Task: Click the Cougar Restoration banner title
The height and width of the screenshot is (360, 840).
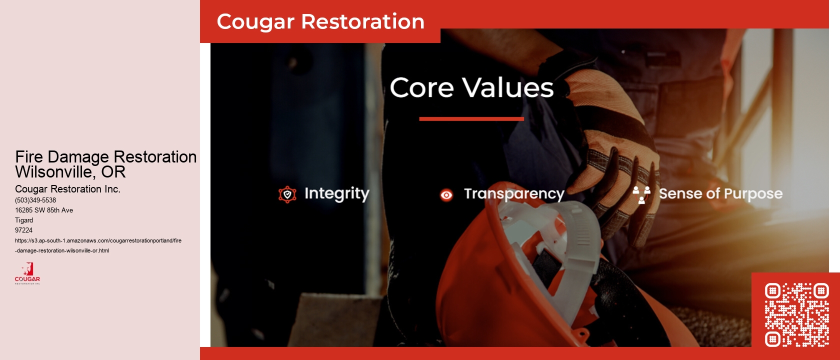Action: pyautogui.click(x=320, y=21)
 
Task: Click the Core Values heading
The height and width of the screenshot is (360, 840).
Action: pyautogui.click(x=471, y=87)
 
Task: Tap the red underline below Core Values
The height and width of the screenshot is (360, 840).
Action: pyautogui.click(x=471, y=119)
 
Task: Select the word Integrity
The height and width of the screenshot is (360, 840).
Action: pyautogui.click(x=336, y=193)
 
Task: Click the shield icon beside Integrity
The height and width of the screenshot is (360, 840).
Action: pyautogui.click(x=287, y=194)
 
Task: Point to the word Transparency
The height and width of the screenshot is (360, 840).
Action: pyautogui.click(x=514, y=194)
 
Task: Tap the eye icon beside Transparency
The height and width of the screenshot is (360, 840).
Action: pyautogui.click(x=446, y=195)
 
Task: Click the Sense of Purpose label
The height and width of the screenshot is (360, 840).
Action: pyautogui.click(x=720, y=193)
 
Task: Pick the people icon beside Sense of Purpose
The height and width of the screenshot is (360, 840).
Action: pyautogui.click(x=641, y=194)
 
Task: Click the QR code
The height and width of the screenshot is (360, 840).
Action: pyautogui.click(x=796, y=315)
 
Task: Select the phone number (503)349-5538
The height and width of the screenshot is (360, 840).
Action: pyautogui.click(x=35, y=200)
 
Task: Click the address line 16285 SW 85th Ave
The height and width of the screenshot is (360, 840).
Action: pyautogui.click(x=44, y=210)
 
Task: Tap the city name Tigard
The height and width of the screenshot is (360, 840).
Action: pyautogui.click(x=24, y=220)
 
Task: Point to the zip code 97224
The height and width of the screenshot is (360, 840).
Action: pyautogui.click(x=23, y=230)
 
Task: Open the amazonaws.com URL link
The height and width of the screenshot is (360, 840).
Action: pyautogui.click(x=98, y=245)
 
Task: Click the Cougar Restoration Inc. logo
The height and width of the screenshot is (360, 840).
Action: pyautogui.click(x=27, y=273)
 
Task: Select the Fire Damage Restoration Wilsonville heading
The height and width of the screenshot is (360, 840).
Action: pyautogui.click(x=105, y=164)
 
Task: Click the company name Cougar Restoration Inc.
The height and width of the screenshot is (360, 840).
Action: pyautogui.click(x=67, y=189)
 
